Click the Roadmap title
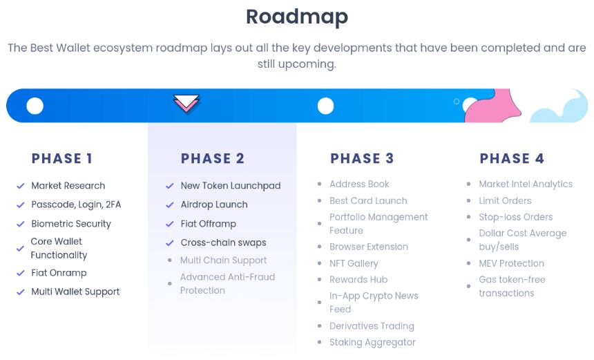coord(296,17)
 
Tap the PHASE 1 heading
coord(61,158)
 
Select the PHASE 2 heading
coord(213,158)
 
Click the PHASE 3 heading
coord(362,158)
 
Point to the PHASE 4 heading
coord(512,158)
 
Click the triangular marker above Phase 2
coord(186,103)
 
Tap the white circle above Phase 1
coord(35,106)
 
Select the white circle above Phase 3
coord(325,106)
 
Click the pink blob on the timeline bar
coord(492,108)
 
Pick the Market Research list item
coord(68,186)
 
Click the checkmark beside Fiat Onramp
coord(21,273)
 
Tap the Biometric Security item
coord(71,224)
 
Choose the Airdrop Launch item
coord(214,205)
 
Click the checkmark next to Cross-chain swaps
coord(170,243)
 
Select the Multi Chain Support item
coord(224,260)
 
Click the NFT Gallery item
coord(354,263)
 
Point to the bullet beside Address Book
coord(319,184)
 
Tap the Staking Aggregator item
coord(372,343)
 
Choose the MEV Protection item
coord(511,263)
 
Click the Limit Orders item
coord(506,201)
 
